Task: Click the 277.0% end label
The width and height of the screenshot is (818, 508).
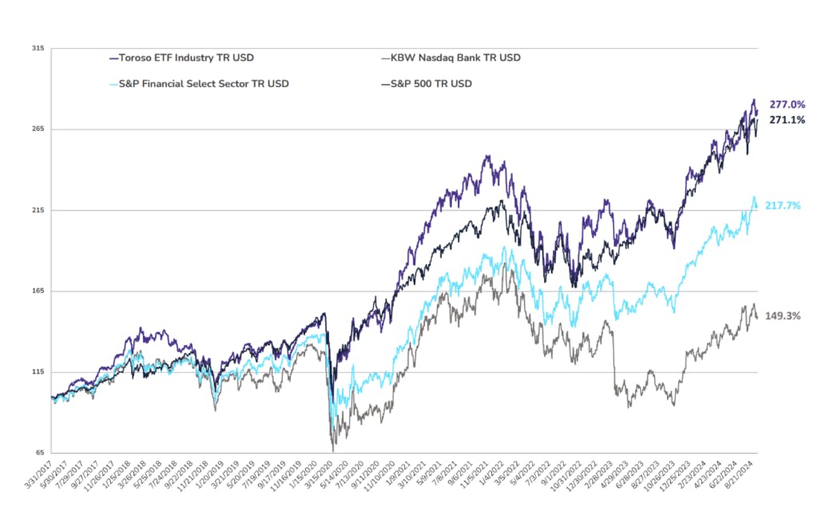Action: (787, 105)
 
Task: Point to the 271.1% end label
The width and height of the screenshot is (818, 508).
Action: (787, 120)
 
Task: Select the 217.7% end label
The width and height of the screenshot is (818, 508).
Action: (787, 205)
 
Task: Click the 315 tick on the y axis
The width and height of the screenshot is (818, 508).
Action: (38, 49)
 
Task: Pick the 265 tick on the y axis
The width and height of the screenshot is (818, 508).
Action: (38, 129)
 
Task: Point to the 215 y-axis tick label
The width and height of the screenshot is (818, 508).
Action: (38, 210)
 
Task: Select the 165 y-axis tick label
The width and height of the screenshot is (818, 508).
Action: (38, 292)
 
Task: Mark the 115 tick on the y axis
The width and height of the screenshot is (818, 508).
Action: (38, 372)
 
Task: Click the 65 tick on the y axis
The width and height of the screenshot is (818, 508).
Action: (38, 453)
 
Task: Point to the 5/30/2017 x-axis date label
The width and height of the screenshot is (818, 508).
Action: (56, 476)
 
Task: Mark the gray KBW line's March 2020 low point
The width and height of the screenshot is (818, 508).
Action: (332, 451)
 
